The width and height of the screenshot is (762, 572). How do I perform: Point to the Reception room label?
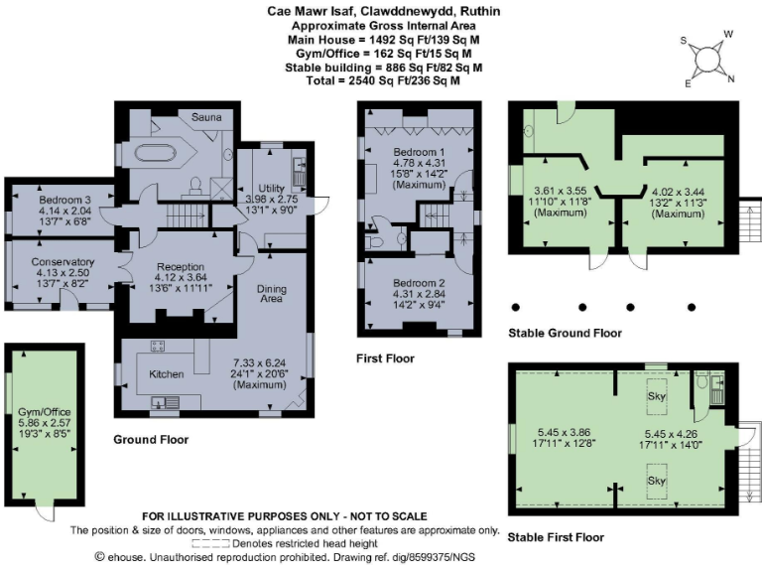tap(179, 267)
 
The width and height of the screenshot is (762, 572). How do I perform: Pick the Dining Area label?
tap(272, 295)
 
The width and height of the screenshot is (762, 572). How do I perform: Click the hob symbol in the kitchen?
tap(157, 346)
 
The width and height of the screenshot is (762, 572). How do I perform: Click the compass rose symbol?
tap(708, 60)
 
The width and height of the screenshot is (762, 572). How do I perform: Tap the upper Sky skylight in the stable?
tap(656, 394)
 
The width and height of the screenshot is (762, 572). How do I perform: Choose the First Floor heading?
tap(385, 358)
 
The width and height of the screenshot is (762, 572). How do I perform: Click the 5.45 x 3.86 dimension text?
tap(563, 432)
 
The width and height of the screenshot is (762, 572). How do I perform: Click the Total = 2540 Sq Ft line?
tap(381, 80)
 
